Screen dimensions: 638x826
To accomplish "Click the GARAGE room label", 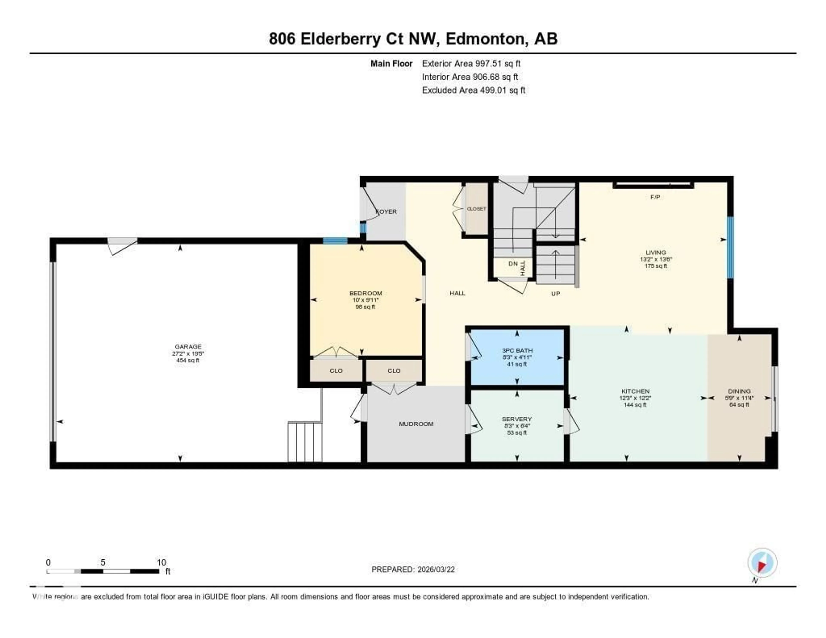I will click(x=188, y=346).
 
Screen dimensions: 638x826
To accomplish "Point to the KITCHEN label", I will click(x=635, y=391).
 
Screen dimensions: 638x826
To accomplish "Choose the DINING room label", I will click(x=739, y=391).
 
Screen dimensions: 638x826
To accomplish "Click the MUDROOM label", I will click(x=416, y=424).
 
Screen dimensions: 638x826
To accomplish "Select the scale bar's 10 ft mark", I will click(x=162, y=562).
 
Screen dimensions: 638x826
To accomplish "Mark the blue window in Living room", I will click(x=731, y=248).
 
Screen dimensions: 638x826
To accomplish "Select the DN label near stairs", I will click(x=513, y=264).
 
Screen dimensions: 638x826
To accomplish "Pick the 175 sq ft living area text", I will click(x=656, y=266).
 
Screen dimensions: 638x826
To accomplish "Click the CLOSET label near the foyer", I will click(x=476, y=209).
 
